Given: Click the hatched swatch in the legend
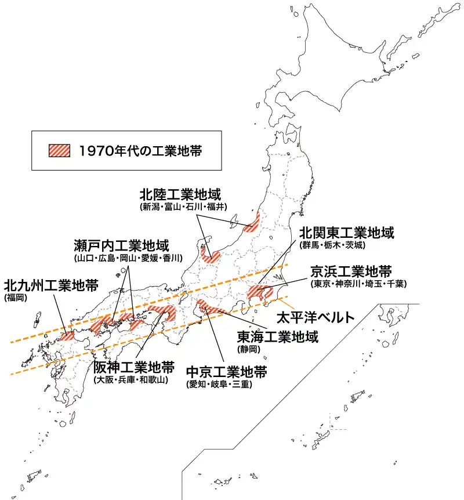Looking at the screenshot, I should coord(59,150).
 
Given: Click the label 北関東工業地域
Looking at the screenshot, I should coord(347,233).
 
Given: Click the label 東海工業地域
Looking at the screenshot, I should coord(278,337).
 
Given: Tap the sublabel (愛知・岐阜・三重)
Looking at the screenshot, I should coord(219,383).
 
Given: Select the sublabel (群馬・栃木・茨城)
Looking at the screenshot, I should coord(332,245).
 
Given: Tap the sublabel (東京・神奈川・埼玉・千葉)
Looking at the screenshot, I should coord(358,284).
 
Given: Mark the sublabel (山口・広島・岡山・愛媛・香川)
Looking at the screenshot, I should coord(128,258).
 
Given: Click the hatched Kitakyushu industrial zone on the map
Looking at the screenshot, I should coord(67,335).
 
